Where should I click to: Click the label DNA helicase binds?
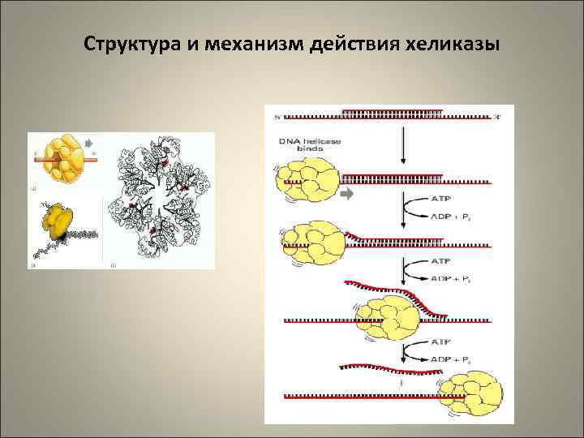(310, 146)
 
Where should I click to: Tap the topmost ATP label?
(437, 198)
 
